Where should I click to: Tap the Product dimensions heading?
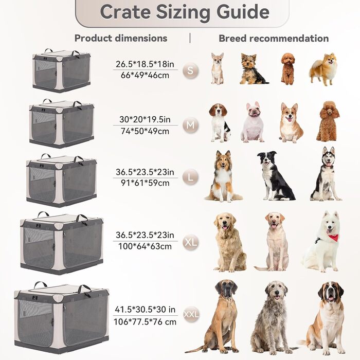point(121,38)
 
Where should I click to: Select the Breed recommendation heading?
point(274,39)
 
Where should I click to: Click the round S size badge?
point(190,70)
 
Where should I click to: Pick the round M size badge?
point(190,125)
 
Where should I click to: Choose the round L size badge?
point(190,177)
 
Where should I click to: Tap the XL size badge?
point(191,242)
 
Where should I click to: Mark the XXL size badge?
point(191,314)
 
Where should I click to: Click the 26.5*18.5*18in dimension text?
point(145,64)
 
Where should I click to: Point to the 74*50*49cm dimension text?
point(145,131)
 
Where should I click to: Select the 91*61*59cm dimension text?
point(145,183)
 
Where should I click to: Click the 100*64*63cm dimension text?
point(145,246)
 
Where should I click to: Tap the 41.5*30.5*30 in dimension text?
point(145,310)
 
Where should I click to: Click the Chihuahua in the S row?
point(217,68)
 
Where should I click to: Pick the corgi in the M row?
point(291,122)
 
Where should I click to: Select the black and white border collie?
point(275,176)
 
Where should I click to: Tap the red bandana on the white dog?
point(333,238)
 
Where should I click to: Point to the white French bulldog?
point(253,122)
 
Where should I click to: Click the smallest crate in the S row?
point(62,71)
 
